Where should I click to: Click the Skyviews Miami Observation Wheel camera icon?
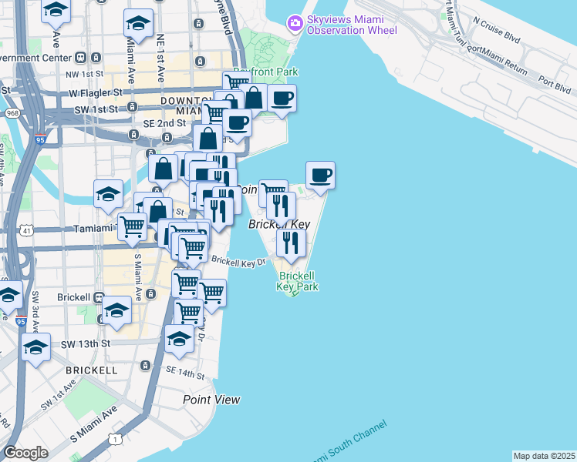pyautogui.click(x=295, y=24)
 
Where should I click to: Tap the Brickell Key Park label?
pyautogui.click(x=298, y=281)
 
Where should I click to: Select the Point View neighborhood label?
pyautogui.click(x=211, y=400)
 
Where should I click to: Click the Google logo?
pyautogui.click(x=25, y=453)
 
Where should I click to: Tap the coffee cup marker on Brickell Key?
pyautogui.click(x=320, y=176)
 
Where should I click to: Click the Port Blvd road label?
pyautogui.click(x=554, y=79)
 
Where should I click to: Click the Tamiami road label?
pyautogui.click(x=92, y=229)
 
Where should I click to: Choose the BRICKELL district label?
pyautogui.click(x=92, y=370)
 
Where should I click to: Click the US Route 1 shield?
pyautogui.click(x=115, y=439)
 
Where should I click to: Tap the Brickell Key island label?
pyautogui.click(x=278, y=224)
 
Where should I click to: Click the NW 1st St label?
pyautogui.click(x=85, y=74)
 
